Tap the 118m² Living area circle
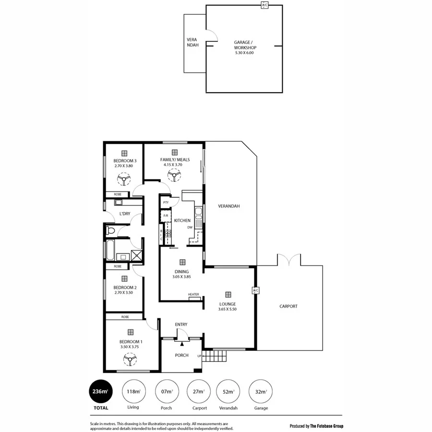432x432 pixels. (x=133, y=391)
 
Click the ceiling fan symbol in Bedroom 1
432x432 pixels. (x=129, y=359)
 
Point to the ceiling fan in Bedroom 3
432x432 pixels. (x=124, y=180)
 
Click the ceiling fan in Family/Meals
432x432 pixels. (x=173, y=176)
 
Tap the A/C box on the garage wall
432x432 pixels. (x=264, y=5)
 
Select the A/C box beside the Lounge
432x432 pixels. (x=255, y=290)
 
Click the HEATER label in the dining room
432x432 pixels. (x=193, y=295)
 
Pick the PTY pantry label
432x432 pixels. (x=166, y=203)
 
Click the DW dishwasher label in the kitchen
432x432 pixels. (x=190, y=228)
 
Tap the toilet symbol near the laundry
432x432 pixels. (x=110, y=231)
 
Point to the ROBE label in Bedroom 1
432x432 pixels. (x=125, y=317)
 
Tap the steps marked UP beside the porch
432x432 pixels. (x=214, y=356)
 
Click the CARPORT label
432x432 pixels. (x=288, y=306)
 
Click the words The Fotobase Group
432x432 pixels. (x=326, y=426)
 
